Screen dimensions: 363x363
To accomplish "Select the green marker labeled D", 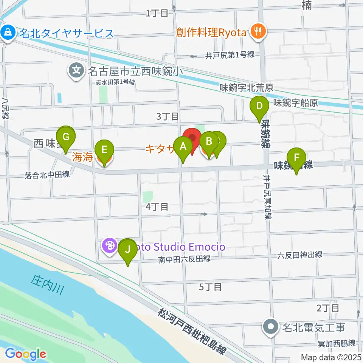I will point(259,106).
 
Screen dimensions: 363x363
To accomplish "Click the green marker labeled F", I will point(297,157).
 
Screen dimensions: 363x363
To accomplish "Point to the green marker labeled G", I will point(66,137).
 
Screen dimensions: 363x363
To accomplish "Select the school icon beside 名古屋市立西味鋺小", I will point(76,70).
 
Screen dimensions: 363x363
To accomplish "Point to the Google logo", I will point(26,354).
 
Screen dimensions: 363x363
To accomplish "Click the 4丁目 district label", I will point(157,206).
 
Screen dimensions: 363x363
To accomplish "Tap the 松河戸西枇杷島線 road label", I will point(192,331).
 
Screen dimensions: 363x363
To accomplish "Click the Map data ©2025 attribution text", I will point(331,357).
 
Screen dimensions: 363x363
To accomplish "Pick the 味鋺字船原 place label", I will point(295,102).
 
